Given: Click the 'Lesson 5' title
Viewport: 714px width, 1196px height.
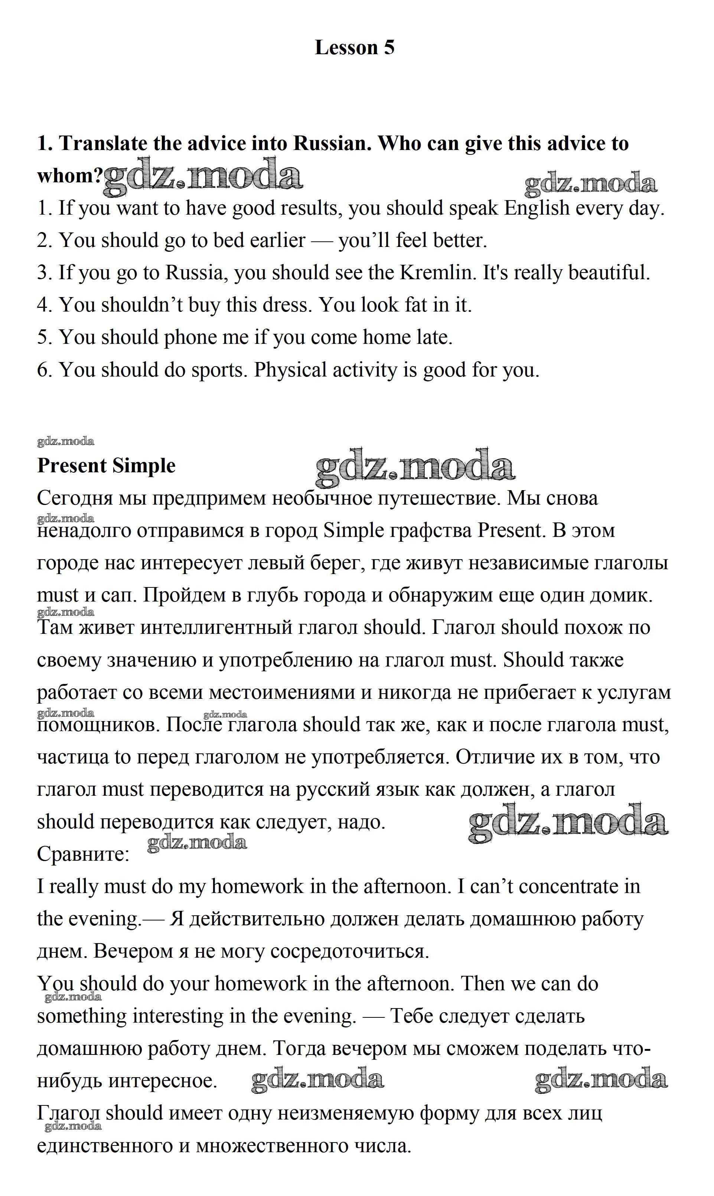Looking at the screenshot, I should click(x=354, y=48).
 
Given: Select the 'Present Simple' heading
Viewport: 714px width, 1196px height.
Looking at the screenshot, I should click(x=106, y=466).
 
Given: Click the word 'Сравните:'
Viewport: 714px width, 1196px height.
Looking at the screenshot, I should click(x=83, y=854).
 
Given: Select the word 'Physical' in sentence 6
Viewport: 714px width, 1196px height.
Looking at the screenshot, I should click(x=290, y=370).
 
